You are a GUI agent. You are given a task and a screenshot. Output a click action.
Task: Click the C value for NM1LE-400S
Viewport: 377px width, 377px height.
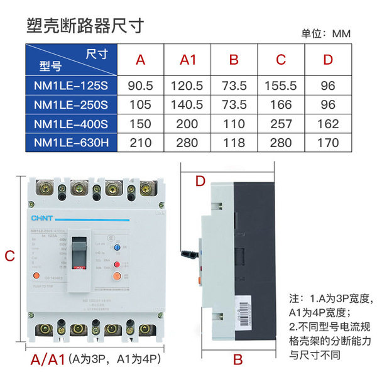(x=281, y=124)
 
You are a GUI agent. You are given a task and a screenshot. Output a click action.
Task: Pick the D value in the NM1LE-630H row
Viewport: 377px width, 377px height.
(x=327, y=143)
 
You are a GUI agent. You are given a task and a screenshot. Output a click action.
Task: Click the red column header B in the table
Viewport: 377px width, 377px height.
(x=234, y=60)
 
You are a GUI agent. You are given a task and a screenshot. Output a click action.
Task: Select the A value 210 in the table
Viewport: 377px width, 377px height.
(x=141, y=143)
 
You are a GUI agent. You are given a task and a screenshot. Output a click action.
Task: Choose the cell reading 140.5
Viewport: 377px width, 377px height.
(x=188, y=104)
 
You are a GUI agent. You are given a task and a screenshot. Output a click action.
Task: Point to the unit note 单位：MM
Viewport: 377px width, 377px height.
(x=326, y=33)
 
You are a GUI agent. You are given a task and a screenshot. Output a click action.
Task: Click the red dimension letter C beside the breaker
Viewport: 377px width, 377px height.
(x=9, y=256)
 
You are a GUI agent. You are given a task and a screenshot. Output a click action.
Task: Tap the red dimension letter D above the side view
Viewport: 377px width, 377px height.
(x=200, y=182)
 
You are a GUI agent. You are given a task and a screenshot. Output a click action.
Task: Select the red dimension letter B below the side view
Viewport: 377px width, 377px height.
(x=238, y=359)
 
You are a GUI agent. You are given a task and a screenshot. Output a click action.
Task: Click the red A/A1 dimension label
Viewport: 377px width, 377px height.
(x=48, y=359)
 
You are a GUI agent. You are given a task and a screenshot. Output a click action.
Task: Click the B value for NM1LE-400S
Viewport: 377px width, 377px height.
(x=234, y=124)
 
